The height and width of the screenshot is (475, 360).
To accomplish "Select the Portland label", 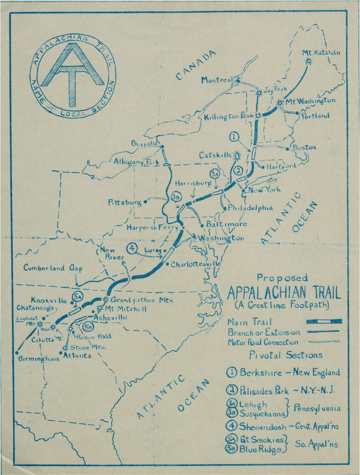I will (x=315, y=116).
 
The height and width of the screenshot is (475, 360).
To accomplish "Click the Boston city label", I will (x=303, y=147).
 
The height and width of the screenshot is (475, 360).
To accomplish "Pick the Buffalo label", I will (x=145, y=144).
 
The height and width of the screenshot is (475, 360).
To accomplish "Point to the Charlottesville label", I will (x=196, y=263).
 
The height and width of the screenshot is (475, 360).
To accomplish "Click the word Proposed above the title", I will (x=282, y=278).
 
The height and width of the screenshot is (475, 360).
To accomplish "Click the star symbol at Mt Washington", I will (x=280, y=102).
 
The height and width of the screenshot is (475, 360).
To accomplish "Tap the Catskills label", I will (x=216, y=156).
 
